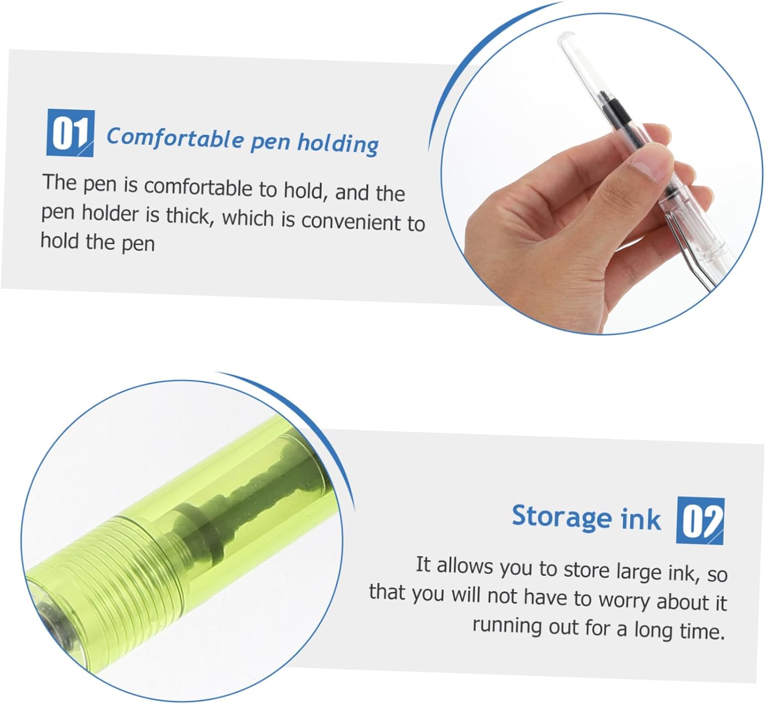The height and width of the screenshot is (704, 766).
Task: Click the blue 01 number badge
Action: pos(70,133)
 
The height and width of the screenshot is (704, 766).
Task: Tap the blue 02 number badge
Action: pos(700,521)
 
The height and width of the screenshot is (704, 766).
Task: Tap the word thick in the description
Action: pos(188,216)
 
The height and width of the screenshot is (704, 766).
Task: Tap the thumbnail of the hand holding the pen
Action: pos(602,174)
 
